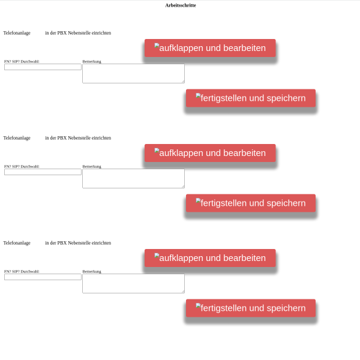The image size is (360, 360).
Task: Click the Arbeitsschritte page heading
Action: point(181,5)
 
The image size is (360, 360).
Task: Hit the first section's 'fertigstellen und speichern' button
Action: point(251,98)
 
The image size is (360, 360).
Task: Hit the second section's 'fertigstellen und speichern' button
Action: point(251,203)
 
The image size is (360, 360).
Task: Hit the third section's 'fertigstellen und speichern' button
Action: point(251,308)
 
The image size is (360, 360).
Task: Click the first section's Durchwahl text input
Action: point(43,67)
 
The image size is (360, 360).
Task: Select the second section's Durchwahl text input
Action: point(43,172)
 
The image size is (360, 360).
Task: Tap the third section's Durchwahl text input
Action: point(43,277)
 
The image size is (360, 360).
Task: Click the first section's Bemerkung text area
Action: point(133,73)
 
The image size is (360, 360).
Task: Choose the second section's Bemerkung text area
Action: point(133,178)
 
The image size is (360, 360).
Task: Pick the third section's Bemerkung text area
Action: point(133,283)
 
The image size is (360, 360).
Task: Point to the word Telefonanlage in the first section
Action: point(17,33)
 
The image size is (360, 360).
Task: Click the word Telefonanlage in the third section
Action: point(17,243)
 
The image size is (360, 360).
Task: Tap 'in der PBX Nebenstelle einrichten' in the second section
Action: point(78,138)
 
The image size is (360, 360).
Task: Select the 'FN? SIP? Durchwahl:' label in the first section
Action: point(22,62)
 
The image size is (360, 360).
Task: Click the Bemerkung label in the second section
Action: point(92,166)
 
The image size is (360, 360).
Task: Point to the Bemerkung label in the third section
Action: point(92,271)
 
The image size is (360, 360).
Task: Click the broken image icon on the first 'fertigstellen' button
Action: point(199,96)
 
